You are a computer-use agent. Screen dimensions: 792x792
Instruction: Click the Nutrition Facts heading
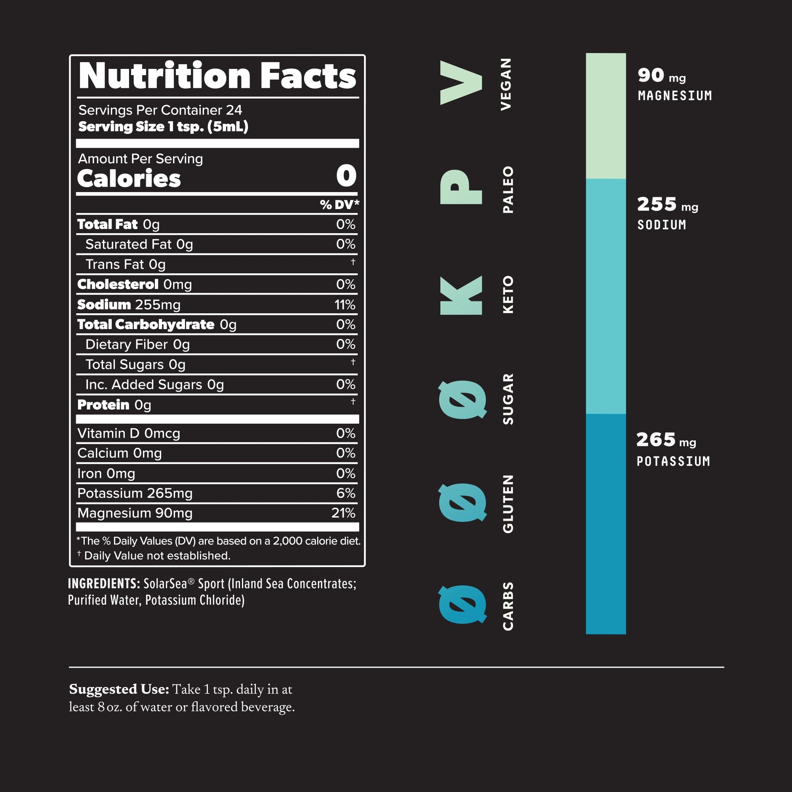click(x=217, y=76)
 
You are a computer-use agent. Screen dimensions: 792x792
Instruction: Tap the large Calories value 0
click(x=346, y=176)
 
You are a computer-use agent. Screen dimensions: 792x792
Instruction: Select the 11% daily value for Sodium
click(x=345, y=305)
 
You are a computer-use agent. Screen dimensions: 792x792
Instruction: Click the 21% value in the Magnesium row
click(x=343, y=513)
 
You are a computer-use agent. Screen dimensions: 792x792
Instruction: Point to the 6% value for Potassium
click(x=346, y=493)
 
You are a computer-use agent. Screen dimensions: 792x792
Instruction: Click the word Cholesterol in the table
click(x=118, y=284)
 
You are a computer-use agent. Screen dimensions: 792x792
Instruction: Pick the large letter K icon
click(x=461, y=295)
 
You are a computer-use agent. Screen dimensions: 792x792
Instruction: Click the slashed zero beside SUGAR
click(x=463, y=399)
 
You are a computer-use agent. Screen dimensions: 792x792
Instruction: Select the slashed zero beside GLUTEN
click(x=463, y=502)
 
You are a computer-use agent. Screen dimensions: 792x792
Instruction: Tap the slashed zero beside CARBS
click(x=463, y=604)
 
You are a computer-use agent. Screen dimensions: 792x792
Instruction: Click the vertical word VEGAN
click(x=506, y=84)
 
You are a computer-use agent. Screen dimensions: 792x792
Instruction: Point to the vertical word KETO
click(x=508, y=295)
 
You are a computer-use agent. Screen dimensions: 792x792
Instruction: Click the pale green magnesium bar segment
click(x=605, y=116)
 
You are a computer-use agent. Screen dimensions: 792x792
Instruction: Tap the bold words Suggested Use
click(x=119, y=689)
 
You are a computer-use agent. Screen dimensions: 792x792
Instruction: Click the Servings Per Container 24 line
click(x=160, y=110)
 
